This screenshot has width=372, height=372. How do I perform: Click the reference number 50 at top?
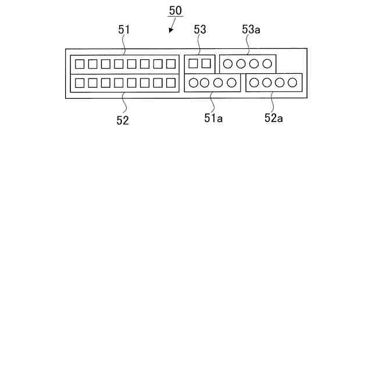pos(176,10)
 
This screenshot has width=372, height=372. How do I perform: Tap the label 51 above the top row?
pos(124,30)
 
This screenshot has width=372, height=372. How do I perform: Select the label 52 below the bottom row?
pos(123,120)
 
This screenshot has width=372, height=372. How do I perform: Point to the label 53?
pos(200,30)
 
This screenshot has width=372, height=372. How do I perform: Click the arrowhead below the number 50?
pos(170,31)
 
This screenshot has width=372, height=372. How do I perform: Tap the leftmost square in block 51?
pos(80,63)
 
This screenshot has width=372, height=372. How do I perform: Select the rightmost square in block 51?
pos(170,63)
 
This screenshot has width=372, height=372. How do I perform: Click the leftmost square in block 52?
pos(80,83)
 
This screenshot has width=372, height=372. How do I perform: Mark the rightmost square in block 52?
pos(170,83)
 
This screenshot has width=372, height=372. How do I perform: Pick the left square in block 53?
pos(194,63)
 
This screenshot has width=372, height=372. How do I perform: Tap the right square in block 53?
pos(206,63)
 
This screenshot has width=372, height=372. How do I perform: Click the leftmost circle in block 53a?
pos(228,63)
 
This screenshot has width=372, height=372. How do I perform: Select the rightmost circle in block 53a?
pos(267,63)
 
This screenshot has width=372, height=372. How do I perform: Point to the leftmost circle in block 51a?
pos(193,83)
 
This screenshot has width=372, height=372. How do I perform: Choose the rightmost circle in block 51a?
pos(231,83)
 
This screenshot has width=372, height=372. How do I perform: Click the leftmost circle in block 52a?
pos(255,83)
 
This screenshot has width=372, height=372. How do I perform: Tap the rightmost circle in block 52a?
pos(293,83)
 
